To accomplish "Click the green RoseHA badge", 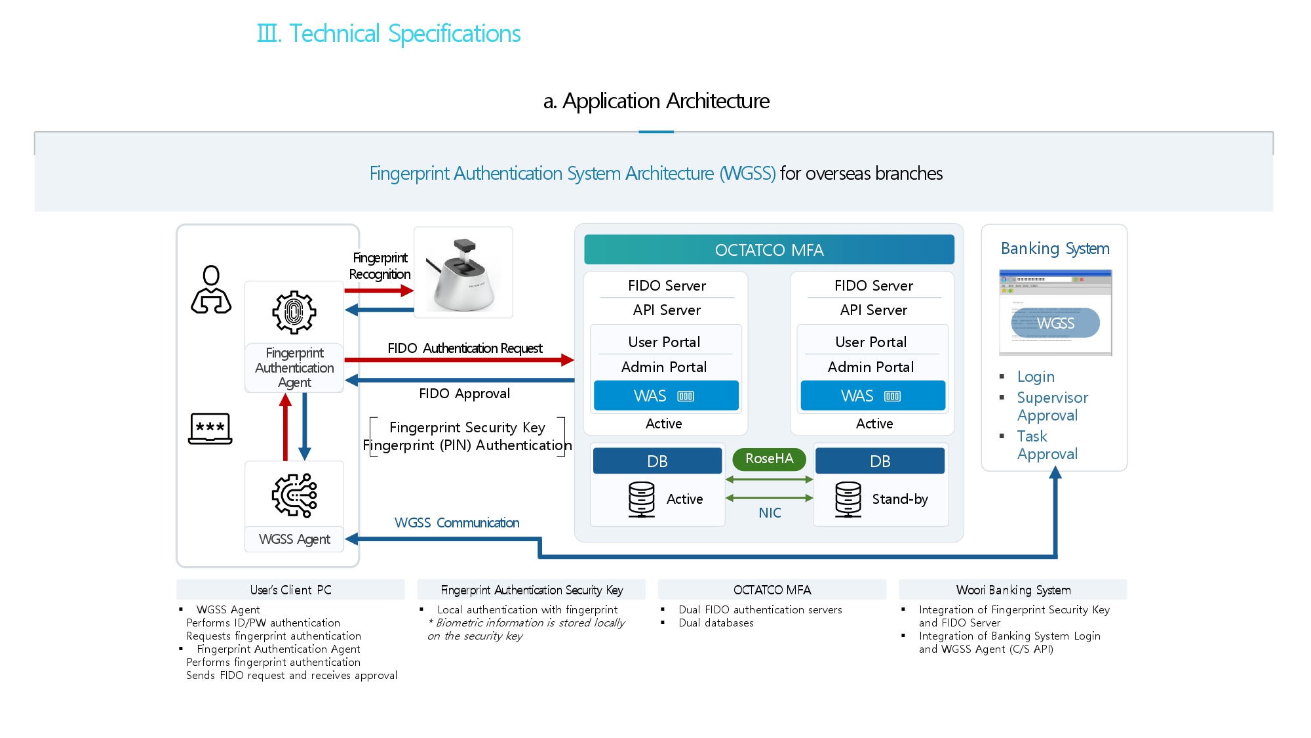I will pyautogui.click(x=769, y=459).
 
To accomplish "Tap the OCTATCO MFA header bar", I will pyautogui.click(x=769, y=250).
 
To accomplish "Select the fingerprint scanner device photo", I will pyautogui.click(x=463, y=273).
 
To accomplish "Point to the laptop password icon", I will pyautogui.click(x=210, y=428).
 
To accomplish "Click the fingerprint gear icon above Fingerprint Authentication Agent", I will pyautogui.click(x=294, y=312).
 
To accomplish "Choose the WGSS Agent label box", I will pyautogui.click(x=294, y=539).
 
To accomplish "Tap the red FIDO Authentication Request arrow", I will pyautogui.click(x=459, y=359).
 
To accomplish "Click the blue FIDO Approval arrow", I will pyautogui.click(x=459, y=380).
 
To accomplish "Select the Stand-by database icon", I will pyautogui.click(x=848, y=499).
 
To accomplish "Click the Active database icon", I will pyautogui.click(x=641, y=499).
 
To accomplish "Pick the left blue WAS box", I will pyautogui.click(x=666, y=396).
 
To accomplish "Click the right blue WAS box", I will pyautogui.click(x=872, y=396).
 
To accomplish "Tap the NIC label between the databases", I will pyautogui.click(x=770, y=513).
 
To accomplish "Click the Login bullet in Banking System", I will pyautogui.click(x=1036, y=377).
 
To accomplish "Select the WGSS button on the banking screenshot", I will pyautogui.click(x=1055, y=323).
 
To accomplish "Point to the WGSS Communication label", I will pyautogui.click(x=457, y=523).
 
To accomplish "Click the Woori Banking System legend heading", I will pyautogui.click(x=1013, y=590).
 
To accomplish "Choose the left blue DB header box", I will pyautogui.click(x=657, y=461).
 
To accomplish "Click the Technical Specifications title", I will pyautogui.click(x=389, y=33).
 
